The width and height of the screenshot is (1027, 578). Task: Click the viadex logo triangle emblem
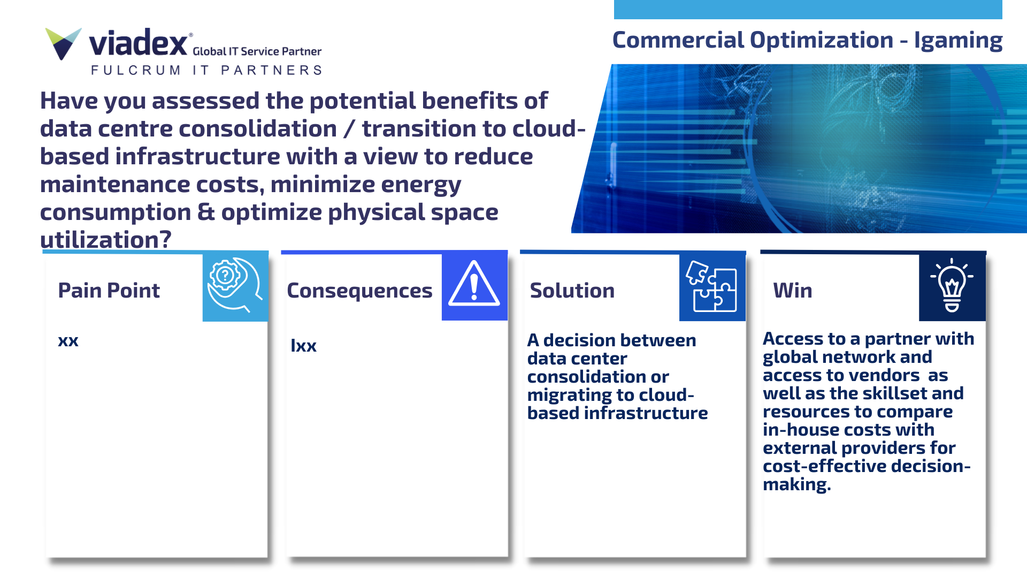[x=63, y=43]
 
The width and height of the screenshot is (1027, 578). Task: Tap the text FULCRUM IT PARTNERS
[x=206, y=70]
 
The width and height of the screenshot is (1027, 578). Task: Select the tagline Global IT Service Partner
[x=257, y=51]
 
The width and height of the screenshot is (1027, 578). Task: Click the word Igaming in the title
[x=958, y=41]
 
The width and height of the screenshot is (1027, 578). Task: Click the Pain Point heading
[x=109, y=291]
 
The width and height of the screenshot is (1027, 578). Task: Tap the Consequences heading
[x=359, y=291]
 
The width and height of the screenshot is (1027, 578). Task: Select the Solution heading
[x=572, y=291]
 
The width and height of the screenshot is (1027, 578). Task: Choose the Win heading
[x=792, y=291]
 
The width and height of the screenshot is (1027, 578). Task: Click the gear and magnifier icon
[x=235, y=285]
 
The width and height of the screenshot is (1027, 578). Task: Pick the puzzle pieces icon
[x=712, y=286]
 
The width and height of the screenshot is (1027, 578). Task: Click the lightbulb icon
[x=952, y=285]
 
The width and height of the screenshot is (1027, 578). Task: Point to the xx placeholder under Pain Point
[x=68, y=341]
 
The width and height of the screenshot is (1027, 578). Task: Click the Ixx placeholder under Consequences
[x=303, y=346]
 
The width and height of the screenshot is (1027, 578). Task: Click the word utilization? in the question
[x=106, y=240]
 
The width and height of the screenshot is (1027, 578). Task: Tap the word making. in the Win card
[x=796, y=485]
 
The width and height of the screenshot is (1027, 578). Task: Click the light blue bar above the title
[x=808, y=10]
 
